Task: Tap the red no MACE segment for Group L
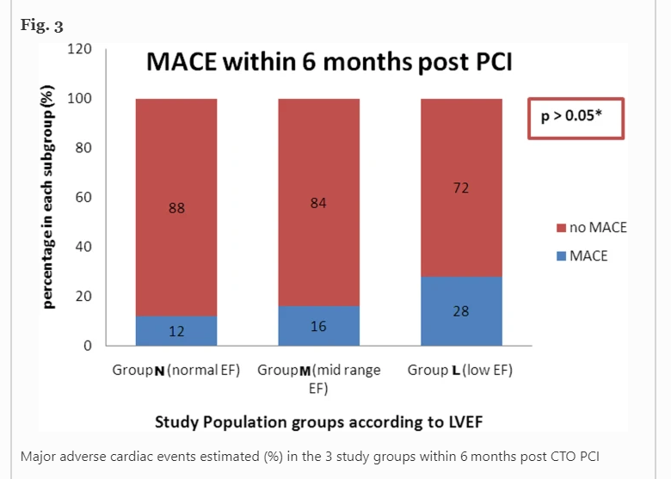point(461,187)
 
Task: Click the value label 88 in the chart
point(176,208)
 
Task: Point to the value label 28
point(461,310)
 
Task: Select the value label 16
point(318,327)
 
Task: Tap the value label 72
point(461,187)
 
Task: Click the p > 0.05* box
point(576,118)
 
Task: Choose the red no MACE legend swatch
point(562,229)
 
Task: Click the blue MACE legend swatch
point(562,256)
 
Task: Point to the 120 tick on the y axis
point(80,49)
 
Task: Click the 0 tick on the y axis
point(87,346)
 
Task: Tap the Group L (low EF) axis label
point(460,371)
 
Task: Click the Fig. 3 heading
point(41,26)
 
